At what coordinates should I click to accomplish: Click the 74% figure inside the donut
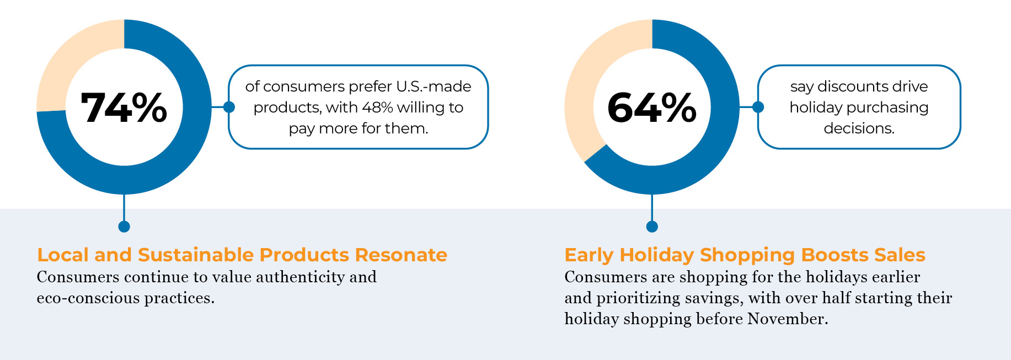click(x=124, y=108)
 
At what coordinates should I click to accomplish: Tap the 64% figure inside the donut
click(x=652, y=108)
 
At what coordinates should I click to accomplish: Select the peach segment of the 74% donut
click(x=66, y=61)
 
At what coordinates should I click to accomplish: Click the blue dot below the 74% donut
click(x=124, y=227)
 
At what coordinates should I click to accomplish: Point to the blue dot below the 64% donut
click(x=652, y=227)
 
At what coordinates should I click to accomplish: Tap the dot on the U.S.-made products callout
click(x=229, y=107)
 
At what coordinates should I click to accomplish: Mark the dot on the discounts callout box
click(x=758, y=107)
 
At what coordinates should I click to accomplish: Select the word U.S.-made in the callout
click(x=434, y=87)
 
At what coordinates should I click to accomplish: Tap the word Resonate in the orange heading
click(x=401, y=255)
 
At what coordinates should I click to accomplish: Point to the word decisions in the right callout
click(x=859, y=128)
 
